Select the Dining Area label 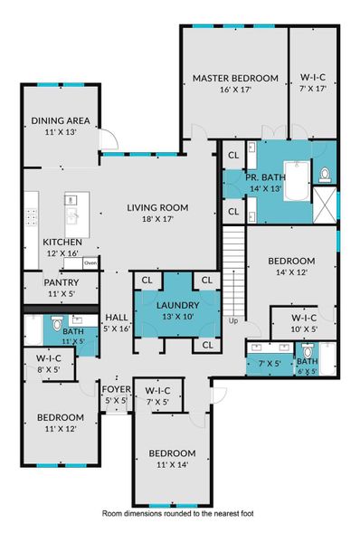click(x=59, y=126)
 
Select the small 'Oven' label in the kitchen click(x=91, y=263)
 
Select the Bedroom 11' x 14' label click(x=172, y=458)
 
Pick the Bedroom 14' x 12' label click(x=291, y=266)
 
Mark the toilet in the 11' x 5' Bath click(x=56, y=323)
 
